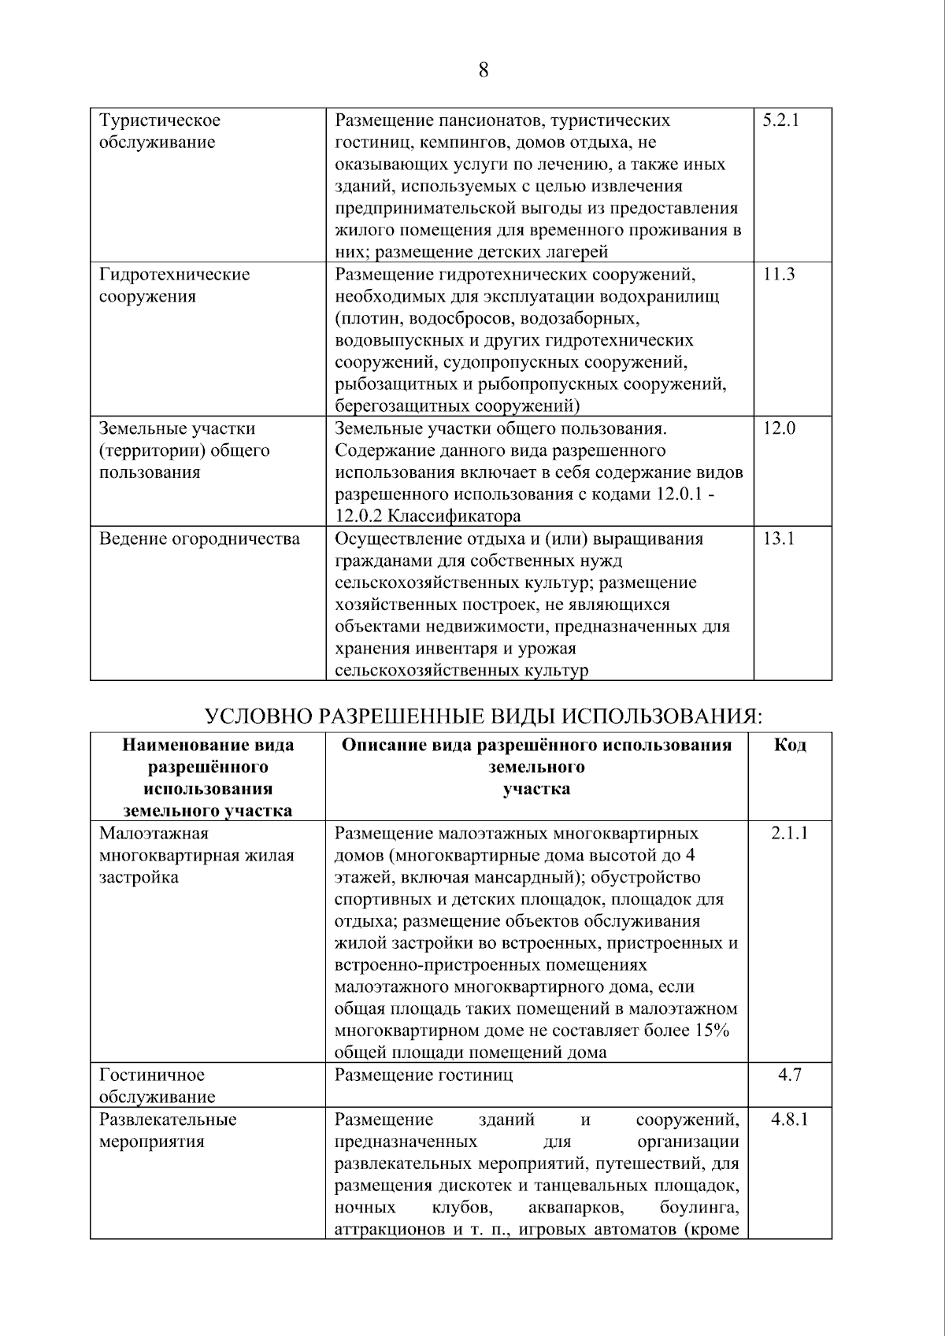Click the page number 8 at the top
pyautogui.click(x=483, y=71)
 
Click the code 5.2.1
pyautogui.click(x=780, y=120)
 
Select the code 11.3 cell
pyautogui.click(x=779, y=275)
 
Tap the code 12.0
pyautogui.click(x=779, y=428)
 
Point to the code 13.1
pyautogui.click(x=779, y=538)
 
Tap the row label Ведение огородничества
pyautogui.click(x=199, y=539)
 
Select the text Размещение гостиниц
pyautogui.click(x=424, y=1075)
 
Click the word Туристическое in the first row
pyautogui.click(x=160, y=120)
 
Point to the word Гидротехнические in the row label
pyautogui.click(x=174, y=275)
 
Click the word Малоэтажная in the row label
pyautogui.click(x=154, y=833)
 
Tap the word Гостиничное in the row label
pyautogui.click(x=151, y=1075)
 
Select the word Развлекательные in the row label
pyautogui.click(x=168, y=1119)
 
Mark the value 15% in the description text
pyautogui.click(x=711, y=1031)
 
